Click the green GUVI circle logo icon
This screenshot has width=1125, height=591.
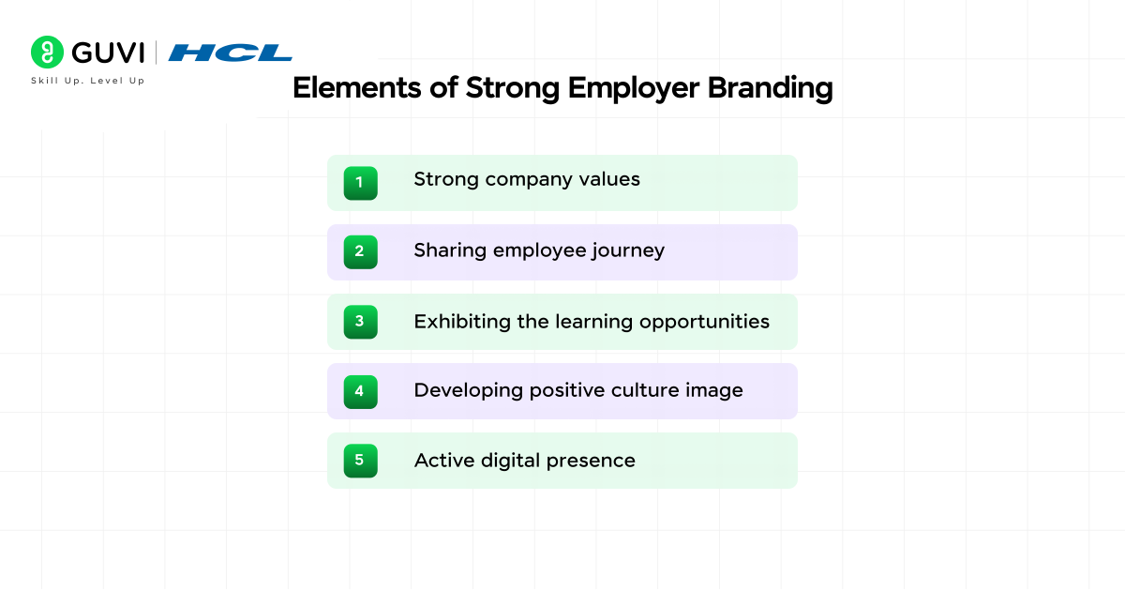[x=47, y=52]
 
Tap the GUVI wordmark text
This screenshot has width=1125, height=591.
[x=108, y=53]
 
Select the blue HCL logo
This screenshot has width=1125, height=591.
[x=230, y=53]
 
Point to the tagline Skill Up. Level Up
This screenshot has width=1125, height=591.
[x=88, y=81]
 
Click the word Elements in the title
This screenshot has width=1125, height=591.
[x=356, y=88]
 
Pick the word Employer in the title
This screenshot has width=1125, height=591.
[x=634, y=89]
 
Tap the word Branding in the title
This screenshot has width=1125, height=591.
[x=770, y=89]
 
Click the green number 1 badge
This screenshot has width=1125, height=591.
[x=361, y=183]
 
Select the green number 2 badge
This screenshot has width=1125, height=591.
[x=361, y=251]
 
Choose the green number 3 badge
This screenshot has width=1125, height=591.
[x=361, y=322]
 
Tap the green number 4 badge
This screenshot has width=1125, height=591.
[x=361, y=391]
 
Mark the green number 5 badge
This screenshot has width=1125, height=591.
[x=361, y=461]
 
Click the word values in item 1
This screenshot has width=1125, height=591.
[x=609, y=179]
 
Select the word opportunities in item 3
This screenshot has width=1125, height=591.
[x=704, y=323]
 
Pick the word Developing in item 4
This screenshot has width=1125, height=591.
[x=469, y=391]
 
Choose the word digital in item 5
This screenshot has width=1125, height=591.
[x=510, y=462]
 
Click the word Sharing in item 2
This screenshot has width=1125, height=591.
[x=450, y=251]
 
